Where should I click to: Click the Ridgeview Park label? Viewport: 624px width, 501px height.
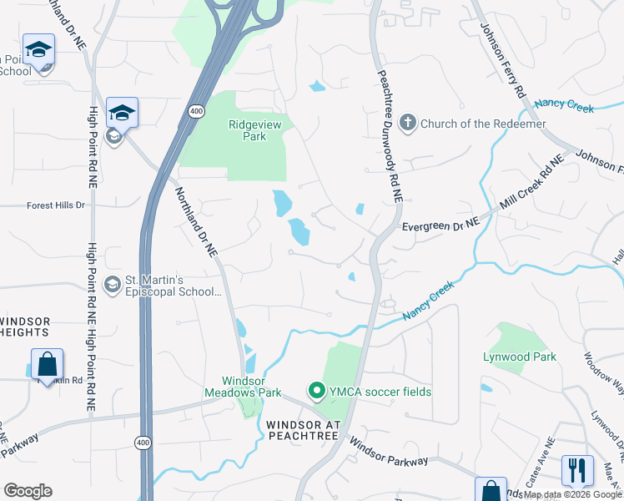(248, 130)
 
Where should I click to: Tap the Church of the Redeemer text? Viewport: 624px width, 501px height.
(483, 124)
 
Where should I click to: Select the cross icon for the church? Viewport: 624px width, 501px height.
(408, 124)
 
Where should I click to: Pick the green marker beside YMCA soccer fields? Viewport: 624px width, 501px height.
(316, 391)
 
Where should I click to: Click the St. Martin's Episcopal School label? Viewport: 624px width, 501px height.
(173, 286)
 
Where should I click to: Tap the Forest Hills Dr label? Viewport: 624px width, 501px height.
(56, 205)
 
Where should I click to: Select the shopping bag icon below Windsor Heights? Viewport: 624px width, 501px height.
(47, 364)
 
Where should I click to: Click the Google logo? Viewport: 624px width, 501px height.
(28, 491)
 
